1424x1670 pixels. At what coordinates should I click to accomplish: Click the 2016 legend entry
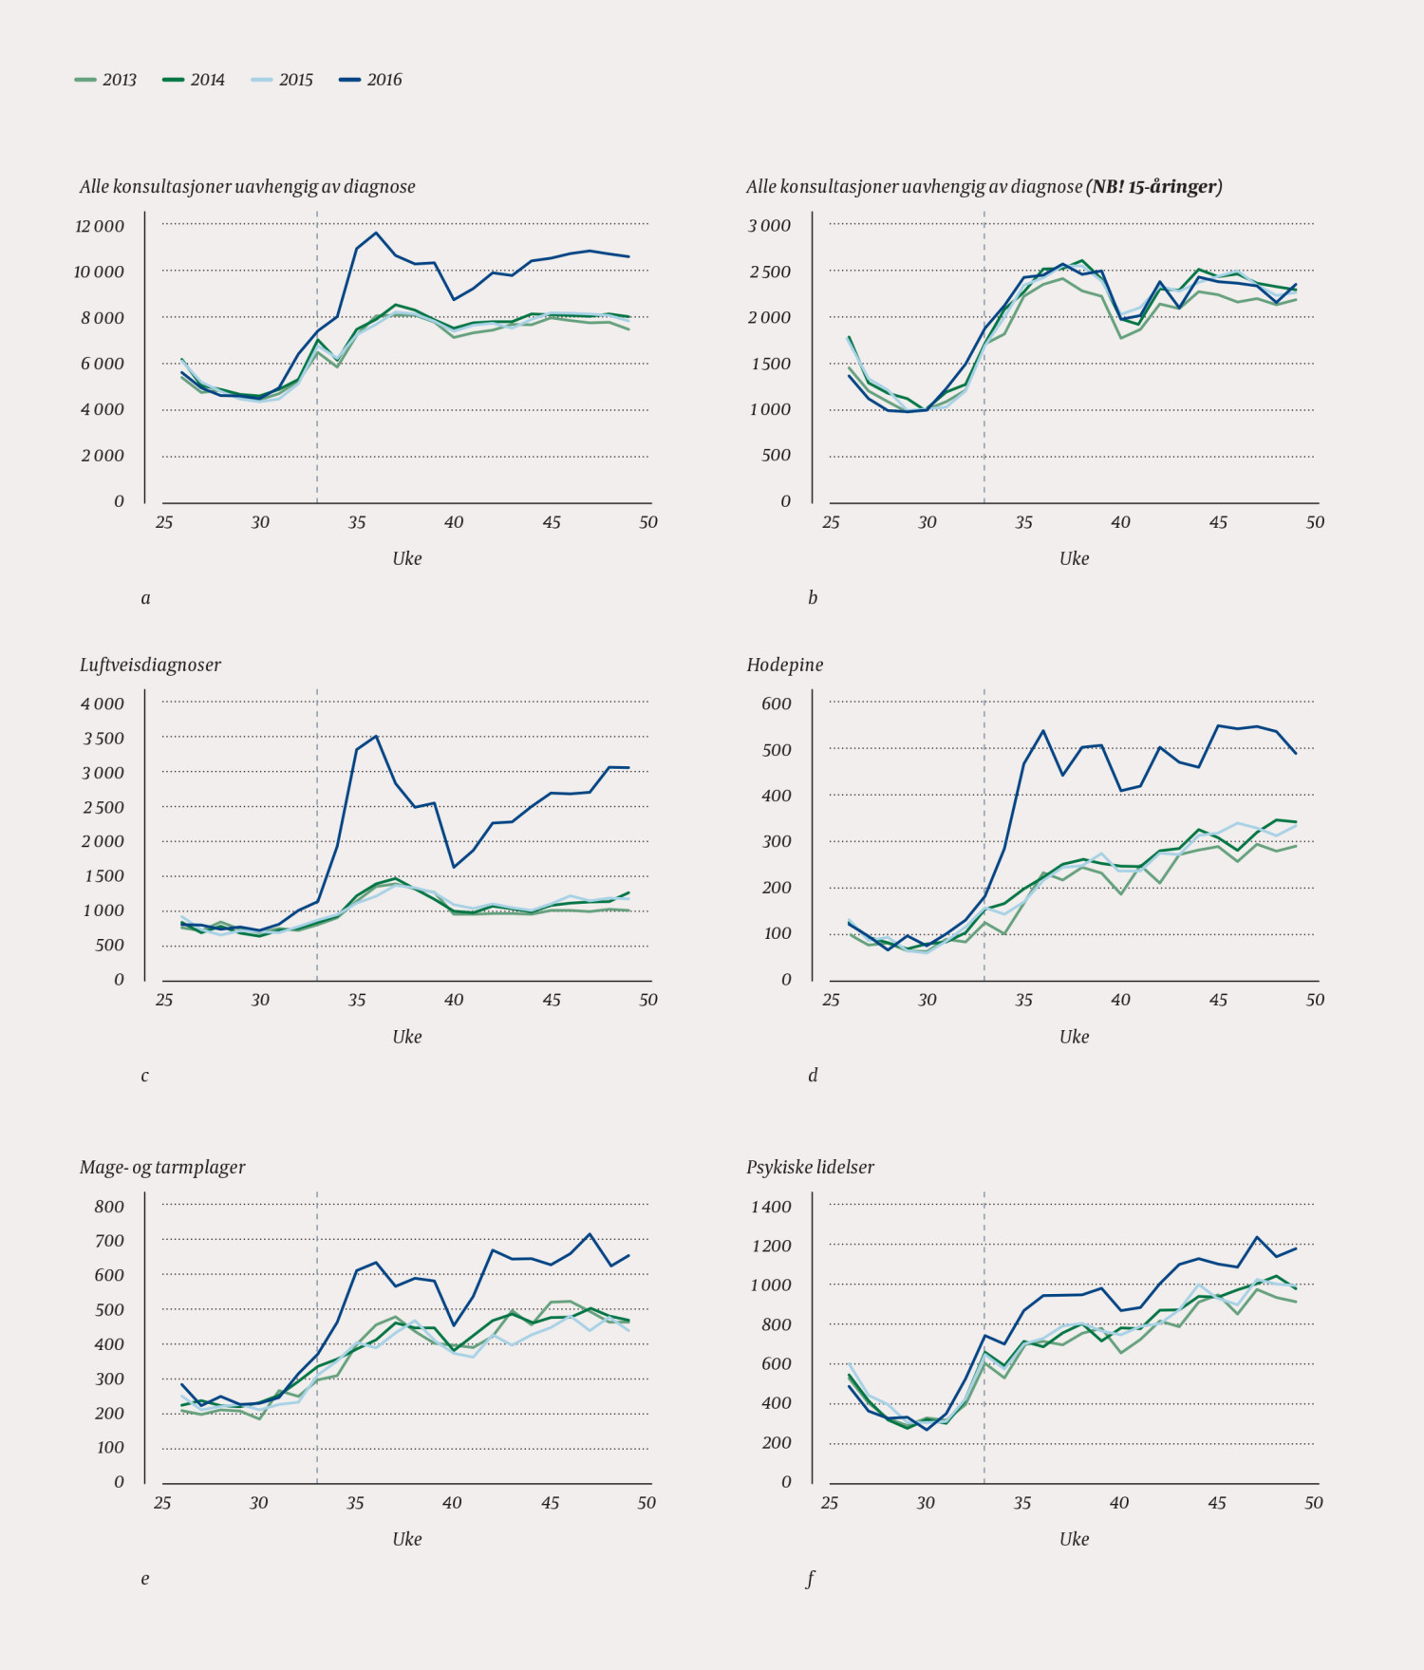[371, 80]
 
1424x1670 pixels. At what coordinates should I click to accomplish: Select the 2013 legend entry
[106, 80]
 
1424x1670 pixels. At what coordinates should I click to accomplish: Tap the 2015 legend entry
[283, 80]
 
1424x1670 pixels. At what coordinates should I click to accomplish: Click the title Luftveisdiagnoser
[150, 665]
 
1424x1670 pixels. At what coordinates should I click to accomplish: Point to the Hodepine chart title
[784, 665]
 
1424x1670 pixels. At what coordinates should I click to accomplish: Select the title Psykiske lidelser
[810, 1167]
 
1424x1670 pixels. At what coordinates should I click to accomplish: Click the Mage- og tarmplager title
[162, 1167]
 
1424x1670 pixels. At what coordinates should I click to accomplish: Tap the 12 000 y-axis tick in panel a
[100, 226]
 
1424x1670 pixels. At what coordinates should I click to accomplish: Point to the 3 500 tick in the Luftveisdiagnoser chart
[103, 739]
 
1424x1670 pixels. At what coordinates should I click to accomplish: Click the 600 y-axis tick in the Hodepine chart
[776, 704]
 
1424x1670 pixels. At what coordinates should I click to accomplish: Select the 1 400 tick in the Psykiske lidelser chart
[771, 1207]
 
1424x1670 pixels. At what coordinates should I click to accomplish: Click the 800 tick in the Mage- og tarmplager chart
[109, 1207]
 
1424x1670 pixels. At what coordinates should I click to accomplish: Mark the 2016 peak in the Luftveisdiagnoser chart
[376, 736]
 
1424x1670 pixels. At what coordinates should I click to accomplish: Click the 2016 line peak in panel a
[376, 233]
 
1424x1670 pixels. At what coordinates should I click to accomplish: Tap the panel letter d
[813, 1076]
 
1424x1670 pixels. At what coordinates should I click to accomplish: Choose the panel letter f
[811, 1579]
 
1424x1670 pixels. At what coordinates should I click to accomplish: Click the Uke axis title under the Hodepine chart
[1074, 1037]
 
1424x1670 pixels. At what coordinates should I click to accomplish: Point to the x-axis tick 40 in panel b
[1120, 522]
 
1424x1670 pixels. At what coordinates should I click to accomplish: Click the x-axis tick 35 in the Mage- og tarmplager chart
[355, 1503]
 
